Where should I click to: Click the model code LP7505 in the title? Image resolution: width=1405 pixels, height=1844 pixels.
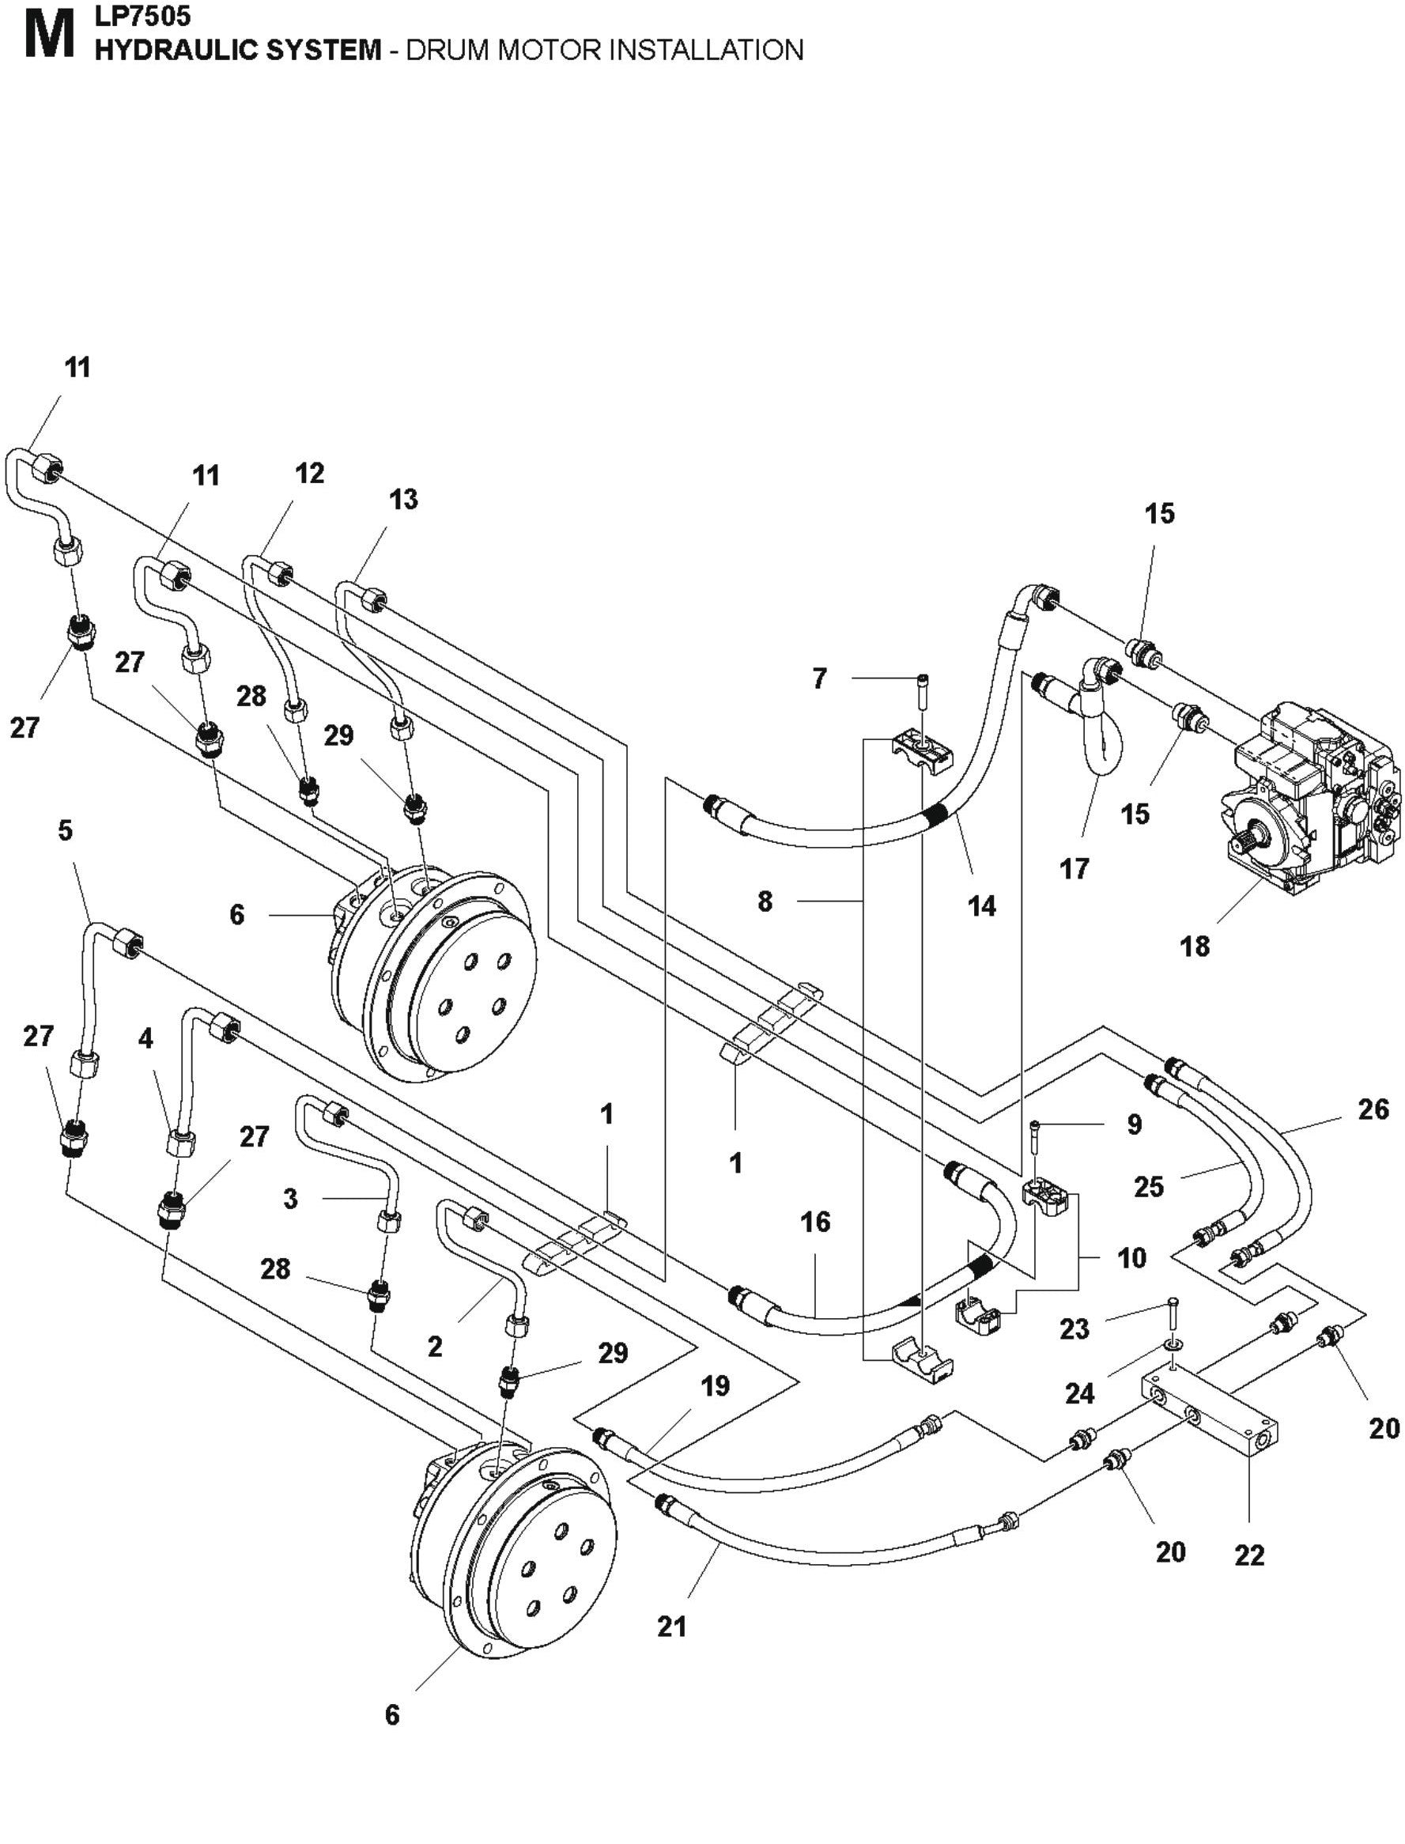143,15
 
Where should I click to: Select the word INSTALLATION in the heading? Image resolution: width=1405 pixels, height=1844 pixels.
706,50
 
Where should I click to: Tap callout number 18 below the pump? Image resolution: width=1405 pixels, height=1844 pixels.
1194,947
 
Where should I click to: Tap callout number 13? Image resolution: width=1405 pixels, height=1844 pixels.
403,499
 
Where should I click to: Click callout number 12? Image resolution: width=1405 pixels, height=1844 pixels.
309,474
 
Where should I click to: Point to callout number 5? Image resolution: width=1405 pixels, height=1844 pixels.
66,830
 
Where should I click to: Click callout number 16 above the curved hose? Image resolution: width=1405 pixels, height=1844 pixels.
815,1222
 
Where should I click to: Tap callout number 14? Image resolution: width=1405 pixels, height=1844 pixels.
982,905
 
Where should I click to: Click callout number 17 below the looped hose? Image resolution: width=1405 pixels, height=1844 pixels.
1074,869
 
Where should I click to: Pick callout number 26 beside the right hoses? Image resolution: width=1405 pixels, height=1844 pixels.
1373,1109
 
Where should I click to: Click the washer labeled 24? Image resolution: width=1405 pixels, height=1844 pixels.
1170,1345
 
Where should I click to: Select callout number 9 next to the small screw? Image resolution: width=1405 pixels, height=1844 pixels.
1134,1124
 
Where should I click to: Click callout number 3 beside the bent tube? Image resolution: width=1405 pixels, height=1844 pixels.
290,1199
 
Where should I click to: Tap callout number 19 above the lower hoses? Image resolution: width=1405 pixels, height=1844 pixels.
715,1385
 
